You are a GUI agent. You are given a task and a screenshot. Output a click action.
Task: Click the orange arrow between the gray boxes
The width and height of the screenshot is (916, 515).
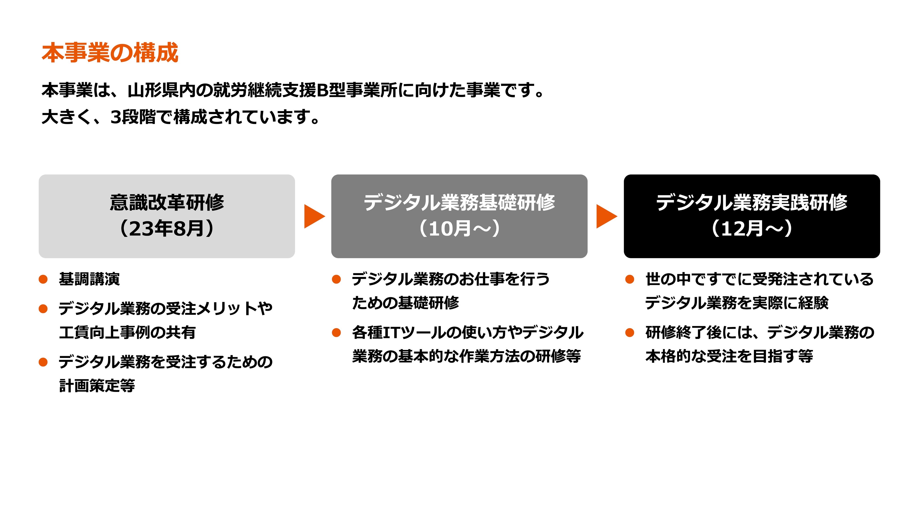pos(314,216)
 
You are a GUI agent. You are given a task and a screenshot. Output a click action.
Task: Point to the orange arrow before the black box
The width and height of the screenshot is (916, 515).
pos(606,216)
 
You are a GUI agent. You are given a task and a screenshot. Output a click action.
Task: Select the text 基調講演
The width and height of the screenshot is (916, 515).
pos(89,279)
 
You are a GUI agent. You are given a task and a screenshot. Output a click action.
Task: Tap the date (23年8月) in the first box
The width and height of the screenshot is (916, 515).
pos(167,229)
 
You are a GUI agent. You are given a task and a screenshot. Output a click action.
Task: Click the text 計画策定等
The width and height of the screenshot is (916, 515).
pos(97,386)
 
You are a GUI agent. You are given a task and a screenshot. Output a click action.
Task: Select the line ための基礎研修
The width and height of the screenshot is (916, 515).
pos(405,303)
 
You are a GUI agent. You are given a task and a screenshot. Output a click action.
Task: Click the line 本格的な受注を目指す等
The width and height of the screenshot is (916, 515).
pos(729,356)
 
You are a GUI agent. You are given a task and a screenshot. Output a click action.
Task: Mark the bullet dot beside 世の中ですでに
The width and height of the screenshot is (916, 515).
pos(629,279)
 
